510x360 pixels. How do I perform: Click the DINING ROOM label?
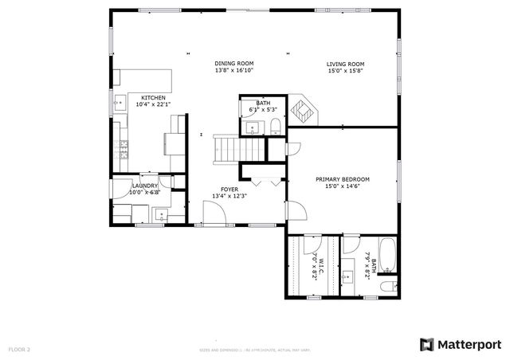pos(233,63)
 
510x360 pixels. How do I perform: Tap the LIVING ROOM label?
pos(345,63)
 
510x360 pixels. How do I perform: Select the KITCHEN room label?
pos(153,97)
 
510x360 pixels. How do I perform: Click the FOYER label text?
pos(229,190)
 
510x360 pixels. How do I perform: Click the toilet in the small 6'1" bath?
pos(274,127)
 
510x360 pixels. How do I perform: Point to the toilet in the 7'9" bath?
pos(386,285)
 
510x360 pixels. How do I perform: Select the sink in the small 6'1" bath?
pos(253,127)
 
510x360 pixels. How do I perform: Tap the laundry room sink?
pos(160,213)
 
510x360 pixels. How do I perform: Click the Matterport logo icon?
pos(426,344)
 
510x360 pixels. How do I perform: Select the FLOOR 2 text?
pos(19,349)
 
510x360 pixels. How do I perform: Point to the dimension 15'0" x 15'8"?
pos(345,70)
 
